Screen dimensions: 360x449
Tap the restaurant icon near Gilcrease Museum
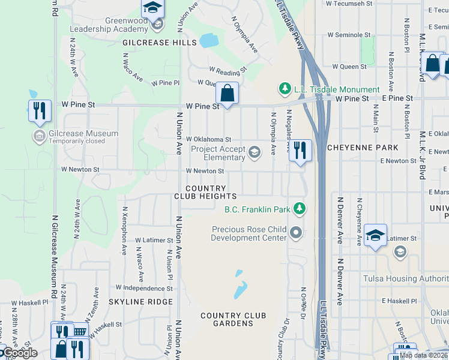click(40, 110)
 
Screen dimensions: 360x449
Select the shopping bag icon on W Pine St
click(228, 93)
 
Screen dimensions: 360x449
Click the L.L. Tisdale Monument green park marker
click(285, 89)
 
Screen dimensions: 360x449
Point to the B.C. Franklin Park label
click(258, 209)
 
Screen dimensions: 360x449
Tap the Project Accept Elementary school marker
click(255, 151)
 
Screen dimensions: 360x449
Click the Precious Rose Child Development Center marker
click(295, 231)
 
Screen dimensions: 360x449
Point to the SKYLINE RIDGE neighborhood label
click(141, 302)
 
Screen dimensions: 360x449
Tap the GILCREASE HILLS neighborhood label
click(151, 43)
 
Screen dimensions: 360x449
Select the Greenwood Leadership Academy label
click(109, 25)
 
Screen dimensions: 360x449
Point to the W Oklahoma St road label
click(209, 140)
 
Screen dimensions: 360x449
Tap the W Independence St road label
click(144, 288)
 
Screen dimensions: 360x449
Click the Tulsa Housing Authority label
click(406, 278)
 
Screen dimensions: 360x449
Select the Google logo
click(19, 353)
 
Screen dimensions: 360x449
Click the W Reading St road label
click(228, 70)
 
